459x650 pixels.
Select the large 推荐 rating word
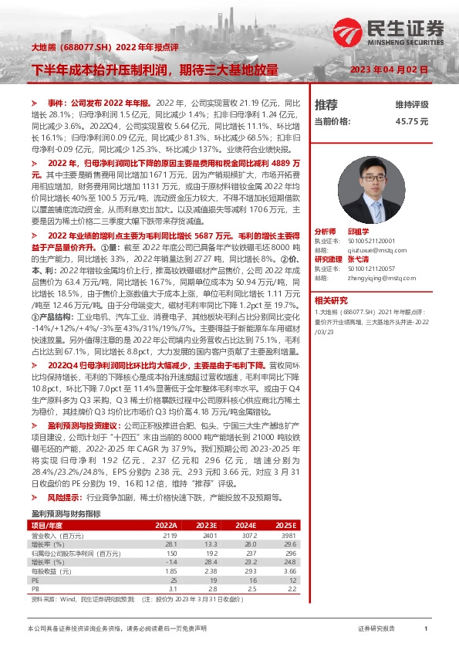pyautogui.click(x=326, y=105)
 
